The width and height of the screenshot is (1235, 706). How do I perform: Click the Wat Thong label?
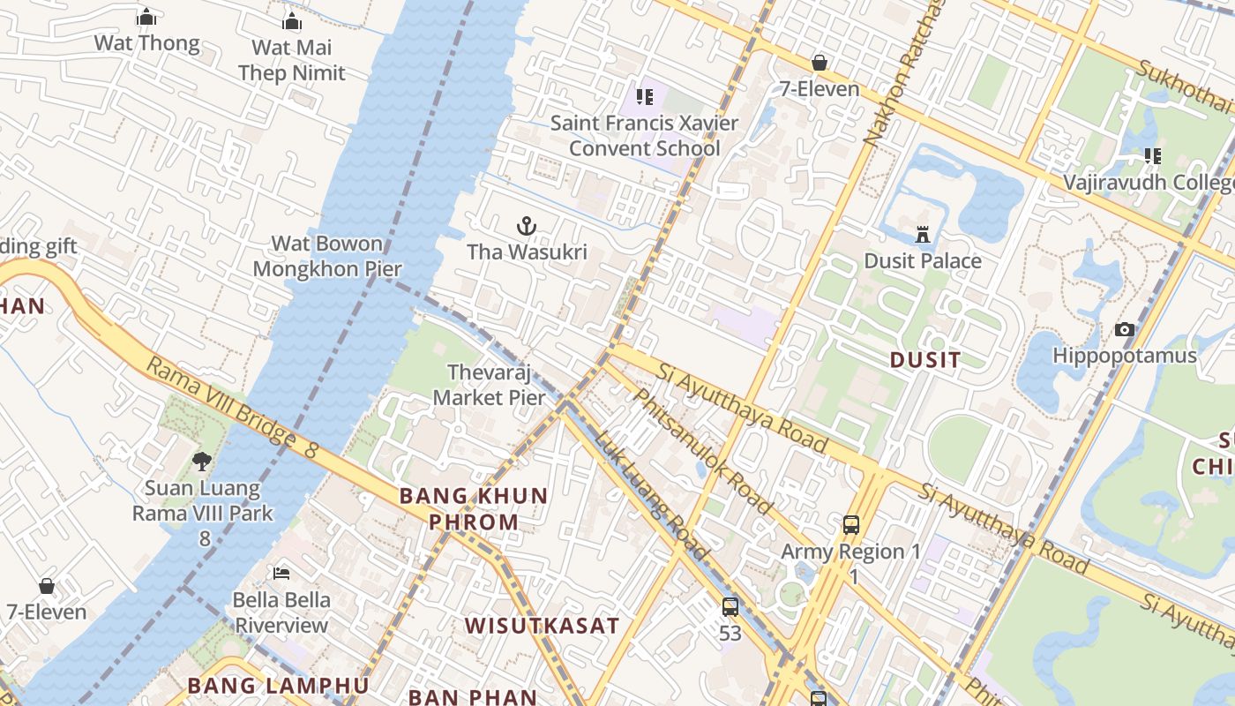pyautogui.click(x=147, y=42)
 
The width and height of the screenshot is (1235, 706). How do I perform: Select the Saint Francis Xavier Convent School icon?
pyautogui.click(x=645, y=96)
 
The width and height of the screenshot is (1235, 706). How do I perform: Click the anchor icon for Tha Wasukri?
pyautogui.click(x=527, y=227)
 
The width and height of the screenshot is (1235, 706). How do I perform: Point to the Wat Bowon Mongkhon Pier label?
pyautogui.click(x=327, y=256)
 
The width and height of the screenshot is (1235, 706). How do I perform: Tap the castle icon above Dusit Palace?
pyautogui.click(x=923, y=235)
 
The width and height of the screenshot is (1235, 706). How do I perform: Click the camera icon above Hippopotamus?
pyautogui.click(x=1124, y=330)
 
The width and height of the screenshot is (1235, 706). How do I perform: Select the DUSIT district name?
pyautogui.click(x=925, y=359)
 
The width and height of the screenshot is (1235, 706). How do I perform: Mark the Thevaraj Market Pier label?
pyautogui.click(x=490, y=385)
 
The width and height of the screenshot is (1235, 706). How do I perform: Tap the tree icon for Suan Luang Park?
pyautogui.click(x=202, y=461)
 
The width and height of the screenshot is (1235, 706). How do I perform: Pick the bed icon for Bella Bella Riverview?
pyautogui.click(x=281, y=574)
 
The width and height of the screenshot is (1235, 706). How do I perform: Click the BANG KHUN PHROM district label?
pyautogui.click(x=474, y=508)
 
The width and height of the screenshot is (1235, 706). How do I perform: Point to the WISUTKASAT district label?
pyautogui.click(x=542, y=626)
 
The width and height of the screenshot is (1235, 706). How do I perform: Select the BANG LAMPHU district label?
pyautogui.click(x=278, y=685)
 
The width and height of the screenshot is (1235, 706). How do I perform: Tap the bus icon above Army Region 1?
pyautogui.click(x=851, y=525)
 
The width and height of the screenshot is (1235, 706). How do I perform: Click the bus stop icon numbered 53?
pyautogui.click(x=730, y=607)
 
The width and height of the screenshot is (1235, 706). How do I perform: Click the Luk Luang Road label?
pyautogui.click(x=651, y=495)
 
